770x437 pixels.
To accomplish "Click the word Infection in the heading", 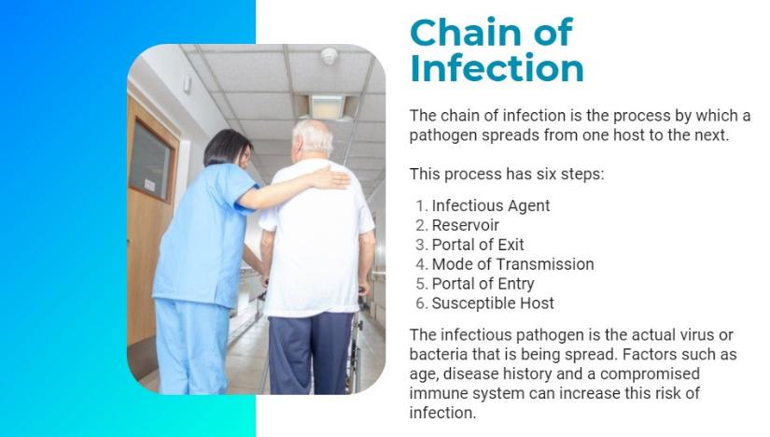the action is coord(497,68).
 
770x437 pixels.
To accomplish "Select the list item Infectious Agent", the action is coord(491,205).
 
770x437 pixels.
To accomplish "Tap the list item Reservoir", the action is coord(465,225).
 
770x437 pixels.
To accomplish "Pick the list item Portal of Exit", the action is coord(478,245).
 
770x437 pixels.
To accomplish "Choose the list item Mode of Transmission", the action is coord(512,264).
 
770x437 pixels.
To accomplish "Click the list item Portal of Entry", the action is coord(483,284).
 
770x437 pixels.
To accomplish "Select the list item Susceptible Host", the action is coord(493,303).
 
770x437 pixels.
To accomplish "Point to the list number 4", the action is coord(422,264).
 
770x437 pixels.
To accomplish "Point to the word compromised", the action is coord(650,374).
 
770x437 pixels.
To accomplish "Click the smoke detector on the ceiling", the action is coord(329,56).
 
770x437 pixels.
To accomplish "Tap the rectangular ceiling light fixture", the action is coord(327,107).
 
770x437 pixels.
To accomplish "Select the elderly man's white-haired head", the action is coord(312,140).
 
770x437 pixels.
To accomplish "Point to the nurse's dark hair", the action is coord(226,147).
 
